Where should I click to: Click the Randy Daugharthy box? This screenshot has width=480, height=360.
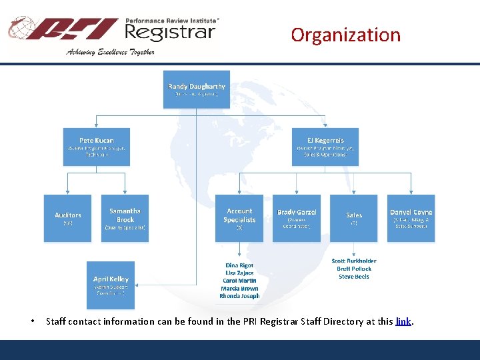(x=197, y=90)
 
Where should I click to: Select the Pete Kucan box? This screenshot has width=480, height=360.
(x=96, y=147)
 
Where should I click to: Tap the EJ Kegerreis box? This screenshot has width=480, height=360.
(x=325, y=147)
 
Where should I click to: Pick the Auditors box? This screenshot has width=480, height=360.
(x=68, y=218)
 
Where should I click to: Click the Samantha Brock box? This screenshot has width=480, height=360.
(x=125, y=218)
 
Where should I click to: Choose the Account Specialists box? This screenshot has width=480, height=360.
(x=239, y=218)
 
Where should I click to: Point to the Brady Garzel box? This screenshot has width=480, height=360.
(x=297, y=218)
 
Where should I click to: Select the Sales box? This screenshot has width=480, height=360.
(x=354, y=218)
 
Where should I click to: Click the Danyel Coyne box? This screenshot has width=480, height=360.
(x=411, y=218)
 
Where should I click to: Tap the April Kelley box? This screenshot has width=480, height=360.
(x=111, y=284)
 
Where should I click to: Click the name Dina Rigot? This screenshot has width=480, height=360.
(x=239, y=265)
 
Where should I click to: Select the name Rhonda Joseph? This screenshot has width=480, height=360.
(x=239, y=296)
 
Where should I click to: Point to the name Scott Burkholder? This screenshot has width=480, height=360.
(x=354, y=261)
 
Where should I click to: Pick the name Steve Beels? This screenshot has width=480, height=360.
(x=354, y=276)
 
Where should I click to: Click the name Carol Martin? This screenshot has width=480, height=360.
(x=239, y=281)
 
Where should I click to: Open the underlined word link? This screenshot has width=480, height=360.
(x=403, y=321)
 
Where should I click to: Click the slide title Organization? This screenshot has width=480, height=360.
(x=345, y=35)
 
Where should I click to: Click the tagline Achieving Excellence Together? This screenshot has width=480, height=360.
(x=110, y=52)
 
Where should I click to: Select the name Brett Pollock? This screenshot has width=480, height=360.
(x=354, y=269)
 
